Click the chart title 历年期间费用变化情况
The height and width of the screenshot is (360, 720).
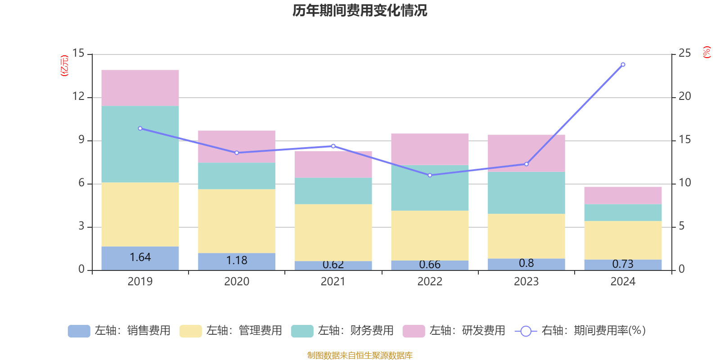pyautogui.click(x=360, y=11)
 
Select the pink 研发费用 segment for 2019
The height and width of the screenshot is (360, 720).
pyautogui.click(x=140, y=88)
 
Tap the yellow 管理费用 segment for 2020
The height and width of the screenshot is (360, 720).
pyautogui.click(x=237, y=220)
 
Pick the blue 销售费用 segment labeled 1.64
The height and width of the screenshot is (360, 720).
pyautogui.click(x=140, y=258)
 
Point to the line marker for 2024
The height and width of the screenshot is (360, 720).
pyautogui.click(x=623, y=64)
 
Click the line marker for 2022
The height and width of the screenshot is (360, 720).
pyautogui.click(x=430, y=175)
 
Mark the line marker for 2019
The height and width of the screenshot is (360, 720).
pyautogui.click(x=140, y=128)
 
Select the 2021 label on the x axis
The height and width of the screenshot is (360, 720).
pyautogui.click(x=333, y=282)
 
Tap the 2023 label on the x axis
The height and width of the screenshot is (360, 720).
pyautogui.click(x=526, y=282)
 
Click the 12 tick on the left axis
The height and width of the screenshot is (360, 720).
pyautogui.click(x=78, y=96)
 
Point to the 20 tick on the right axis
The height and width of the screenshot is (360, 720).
pyautogui.click(x=684, y=96)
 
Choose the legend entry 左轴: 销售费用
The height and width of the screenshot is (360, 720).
pyautogui.click(x=119, y=331)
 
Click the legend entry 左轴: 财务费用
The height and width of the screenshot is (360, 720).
pyautogui.click(x=342, y=331)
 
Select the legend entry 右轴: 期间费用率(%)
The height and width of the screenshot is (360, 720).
pyautogui.click(x=580, y=331)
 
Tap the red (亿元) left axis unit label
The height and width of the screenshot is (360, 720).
pyautogui.click(x=64, y=66)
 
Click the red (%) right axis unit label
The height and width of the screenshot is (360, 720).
pyautogui.click(x=707, y=52)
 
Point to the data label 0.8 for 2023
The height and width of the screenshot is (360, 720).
pyautogui.click(x=526, y=263)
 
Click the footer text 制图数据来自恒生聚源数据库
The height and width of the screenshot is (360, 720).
pyautogui.click(x=360, y=355)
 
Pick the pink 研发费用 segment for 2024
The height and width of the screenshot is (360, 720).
pyautogui.click(x=623, y=195)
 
